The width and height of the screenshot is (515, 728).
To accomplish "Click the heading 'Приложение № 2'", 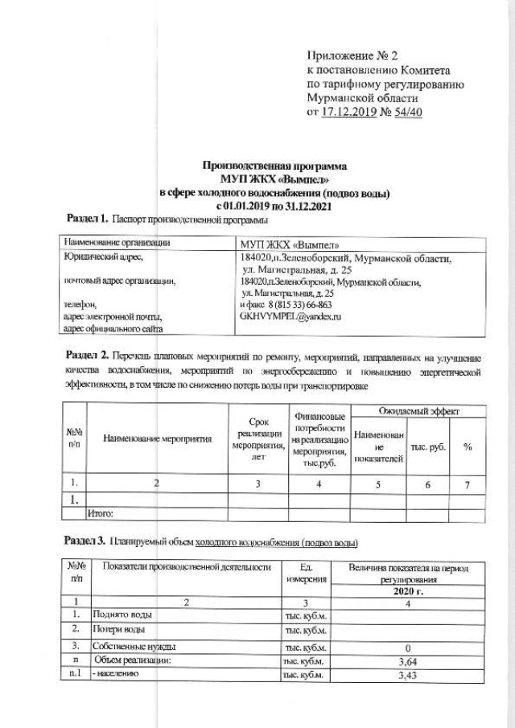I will point(353,56).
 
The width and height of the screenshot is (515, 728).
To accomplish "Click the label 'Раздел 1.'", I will point(86,219).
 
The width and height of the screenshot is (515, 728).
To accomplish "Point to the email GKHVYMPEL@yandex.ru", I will point(291,317).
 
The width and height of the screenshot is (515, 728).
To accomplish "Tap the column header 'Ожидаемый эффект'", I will point(414,411).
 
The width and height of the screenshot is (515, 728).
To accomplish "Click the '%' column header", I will point(467,447).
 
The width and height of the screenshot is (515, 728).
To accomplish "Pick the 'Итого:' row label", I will point(101,512).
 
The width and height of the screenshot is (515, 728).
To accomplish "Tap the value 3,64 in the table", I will point(407,660).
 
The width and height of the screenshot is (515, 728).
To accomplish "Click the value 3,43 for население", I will point(407,675).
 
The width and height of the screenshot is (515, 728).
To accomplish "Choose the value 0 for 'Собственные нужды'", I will point(408,647).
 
